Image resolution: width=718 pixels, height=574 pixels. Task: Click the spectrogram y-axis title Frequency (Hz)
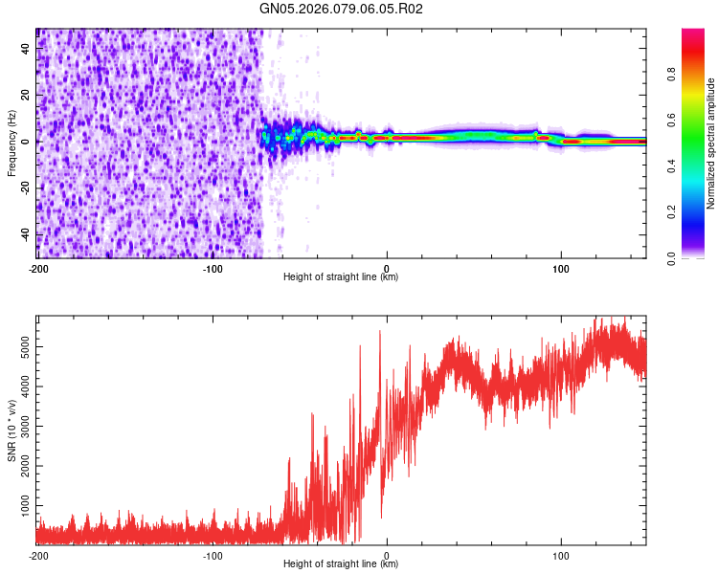(11, 143)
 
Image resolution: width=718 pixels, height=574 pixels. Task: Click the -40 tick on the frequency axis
(24, 234)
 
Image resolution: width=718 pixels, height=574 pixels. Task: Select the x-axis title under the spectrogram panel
(341, 277)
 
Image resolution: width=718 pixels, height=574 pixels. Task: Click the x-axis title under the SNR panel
(341, 564)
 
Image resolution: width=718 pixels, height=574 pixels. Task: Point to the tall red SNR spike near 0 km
(380, 332)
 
